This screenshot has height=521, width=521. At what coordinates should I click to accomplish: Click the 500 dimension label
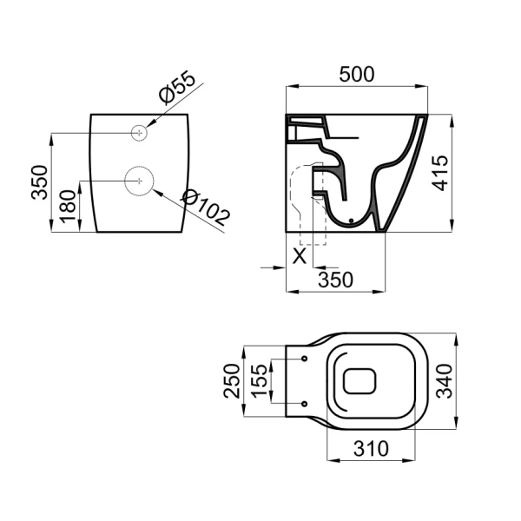(356, 75)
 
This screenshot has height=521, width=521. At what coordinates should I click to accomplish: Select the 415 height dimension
(441, 175)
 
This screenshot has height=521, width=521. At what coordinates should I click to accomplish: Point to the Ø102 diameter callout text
(205, 208)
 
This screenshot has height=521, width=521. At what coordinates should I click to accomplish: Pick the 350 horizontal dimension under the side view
(335, 279)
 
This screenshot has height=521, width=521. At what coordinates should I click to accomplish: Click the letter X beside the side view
(299, 256)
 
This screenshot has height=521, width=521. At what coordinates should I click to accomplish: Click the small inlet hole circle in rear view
(138, 132)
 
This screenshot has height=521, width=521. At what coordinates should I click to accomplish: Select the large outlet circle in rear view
(138, 180)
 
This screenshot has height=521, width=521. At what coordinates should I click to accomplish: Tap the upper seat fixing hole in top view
(306, 358)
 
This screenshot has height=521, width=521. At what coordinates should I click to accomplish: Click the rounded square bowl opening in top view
(359, 380)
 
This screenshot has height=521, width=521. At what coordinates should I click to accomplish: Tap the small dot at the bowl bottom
(352, 221)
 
